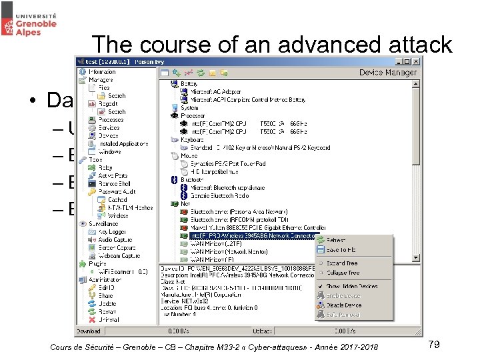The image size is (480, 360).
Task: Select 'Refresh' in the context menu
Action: [x=336, y=240]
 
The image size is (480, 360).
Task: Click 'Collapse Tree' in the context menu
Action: [x=343, y=272]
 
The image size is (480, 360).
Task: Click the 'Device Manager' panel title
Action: [x=388, y=72]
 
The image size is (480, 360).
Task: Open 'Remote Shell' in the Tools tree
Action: [x=114, y=184]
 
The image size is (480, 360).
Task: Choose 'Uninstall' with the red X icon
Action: [x=109, y=319]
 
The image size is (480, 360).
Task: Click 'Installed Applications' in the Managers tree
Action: [x=123, y=143]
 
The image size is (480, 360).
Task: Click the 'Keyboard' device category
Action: [x=193, y=140]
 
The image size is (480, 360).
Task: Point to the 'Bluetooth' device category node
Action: [x=193, y=179]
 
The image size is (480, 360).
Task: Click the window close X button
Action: [x=416, y=61]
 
